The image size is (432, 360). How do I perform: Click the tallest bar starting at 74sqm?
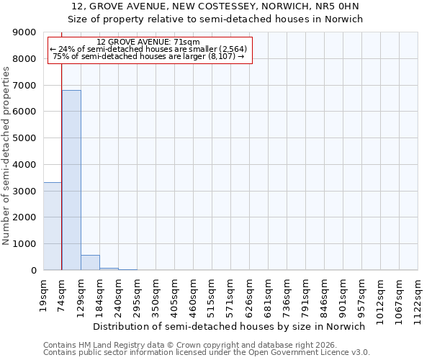click(x=71, y=180)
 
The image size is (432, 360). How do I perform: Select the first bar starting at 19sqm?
click(x=53, y=226)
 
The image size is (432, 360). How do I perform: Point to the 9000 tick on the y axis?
click(x=25, y=32)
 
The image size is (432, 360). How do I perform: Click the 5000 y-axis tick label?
click(x=25, y=138)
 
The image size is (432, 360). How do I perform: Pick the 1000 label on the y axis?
click(x=25, y=244)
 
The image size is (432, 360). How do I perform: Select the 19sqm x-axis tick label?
click(x=43, y=294)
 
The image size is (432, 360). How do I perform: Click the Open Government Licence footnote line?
click(x=207, y=353)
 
